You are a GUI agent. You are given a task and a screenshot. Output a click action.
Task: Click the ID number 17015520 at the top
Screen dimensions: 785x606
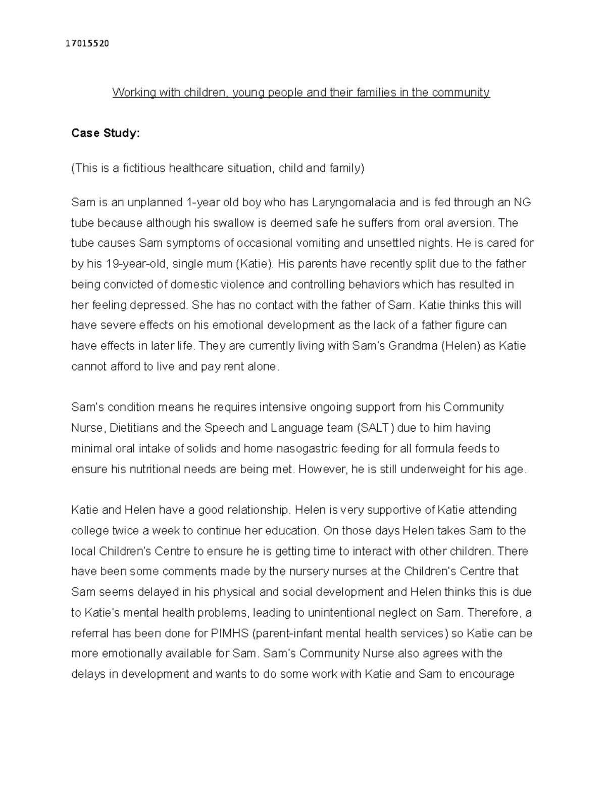click(x=87, y=43)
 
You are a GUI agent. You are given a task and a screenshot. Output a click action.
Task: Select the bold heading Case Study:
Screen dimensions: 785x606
click(x=105, y=133)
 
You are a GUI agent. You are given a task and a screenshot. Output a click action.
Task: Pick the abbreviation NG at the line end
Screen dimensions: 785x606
click(x=522, y=203)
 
